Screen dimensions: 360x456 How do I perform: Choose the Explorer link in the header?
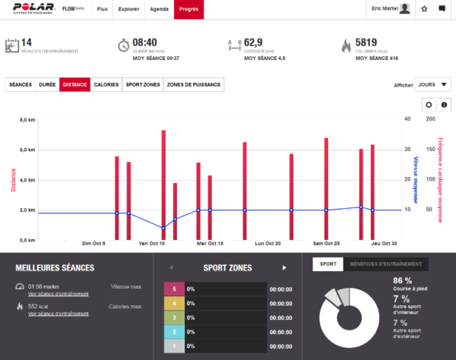click(x=128, y=9)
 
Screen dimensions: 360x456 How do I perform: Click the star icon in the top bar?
click(x=424, y=9)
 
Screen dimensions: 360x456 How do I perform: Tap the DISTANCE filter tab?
click(x=74, y=84)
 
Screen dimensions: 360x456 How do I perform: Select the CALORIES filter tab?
click(x=106, y=84)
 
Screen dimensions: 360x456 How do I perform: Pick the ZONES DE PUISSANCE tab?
click(x=194, y=84)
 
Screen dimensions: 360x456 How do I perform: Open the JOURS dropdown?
click(x=433, y=84)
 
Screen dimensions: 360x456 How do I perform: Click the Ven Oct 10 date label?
click(x=151, y=245)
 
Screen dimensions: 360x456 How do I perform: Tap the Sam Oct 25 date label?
click(x=326, y=245)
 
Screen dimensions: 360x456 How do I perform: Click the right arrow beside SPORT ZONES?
click(x=284, y=267)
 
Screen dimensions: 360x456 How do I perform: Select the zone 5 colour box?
click(x=174, y=289)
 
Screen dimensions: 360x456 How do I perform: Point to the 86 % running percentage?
click(x=403, y=280)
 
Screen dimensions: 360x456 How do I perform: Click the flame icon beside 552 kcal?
click(x=19, y=306)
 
